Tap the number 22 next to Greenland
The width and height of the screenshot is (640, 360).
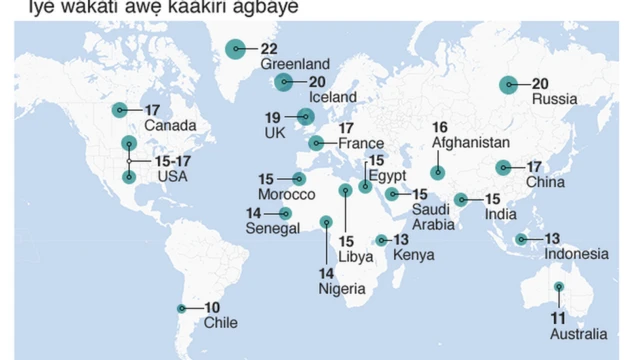268,48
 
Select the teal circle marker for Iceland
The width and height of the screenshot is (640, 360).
285,82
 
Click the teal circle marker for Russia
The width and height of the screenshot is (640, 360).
510,85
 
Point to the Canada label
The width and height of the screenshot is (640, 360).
169,126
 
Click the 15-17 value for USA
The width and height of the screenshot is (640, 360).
172,159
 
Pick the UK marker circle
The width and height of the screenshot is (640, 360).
305,116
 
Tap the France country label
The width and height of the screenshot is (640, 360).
360,144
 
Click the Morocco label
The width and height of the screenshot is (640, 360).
286,193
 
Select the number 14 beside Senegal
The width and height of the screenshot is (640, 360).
256,212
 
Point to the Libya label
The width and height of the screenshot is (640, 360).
355,256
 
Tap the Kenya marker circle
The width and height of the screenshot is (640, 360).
381,240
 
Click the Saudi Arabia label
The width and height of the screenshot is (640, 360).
434,216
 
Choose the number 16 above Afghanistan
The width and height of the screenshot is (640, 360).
440,127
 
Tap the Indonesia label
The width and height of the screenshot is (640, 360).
576,254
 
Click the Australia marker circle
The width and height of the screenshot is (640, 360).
559,288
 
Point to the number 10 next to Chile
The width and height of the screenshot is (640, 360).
212,308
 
